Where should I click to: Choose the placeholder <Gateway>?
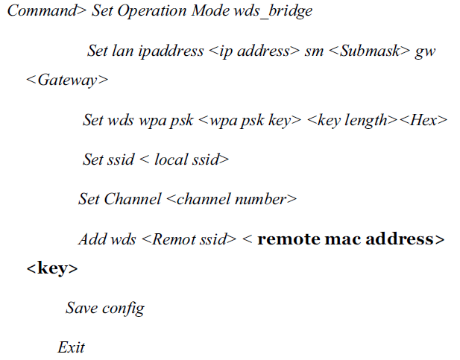(66, 80)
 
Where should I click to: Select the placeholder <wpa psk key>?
(250, 120)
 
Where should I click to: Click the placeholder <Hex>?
(423, 120)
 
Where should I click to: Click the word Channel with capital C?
(132, 199)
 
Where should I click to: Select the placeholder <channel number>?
(231, 199)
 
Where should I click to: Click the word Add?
(92, 239)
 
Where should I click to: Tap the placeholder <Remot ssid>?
(189, 239)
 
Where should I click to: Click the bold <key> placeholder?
(51, 268)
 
